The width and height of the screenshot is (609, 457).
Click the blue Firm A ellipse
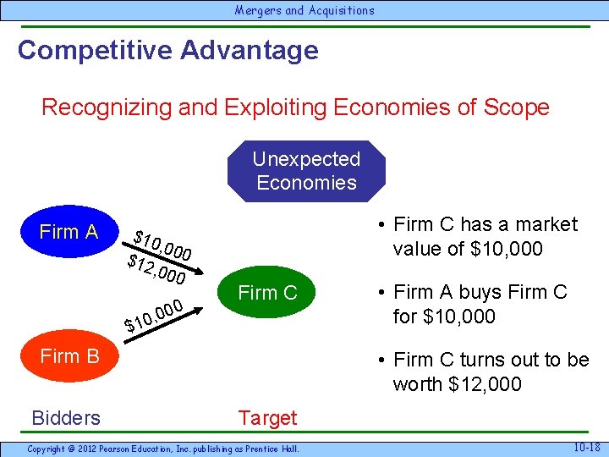69,231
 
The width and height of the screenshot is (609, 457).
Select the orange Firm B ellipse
69,356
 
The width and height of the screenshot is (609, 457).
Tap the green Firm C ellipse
268,293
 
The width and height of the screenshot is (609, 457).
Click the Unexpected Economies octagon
306,171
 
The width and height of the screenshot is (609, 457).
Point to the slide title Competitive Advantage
167,50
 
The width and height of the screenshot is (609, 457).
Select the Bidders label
65,417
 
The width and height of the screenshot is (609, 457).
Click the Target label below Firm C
267,417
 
